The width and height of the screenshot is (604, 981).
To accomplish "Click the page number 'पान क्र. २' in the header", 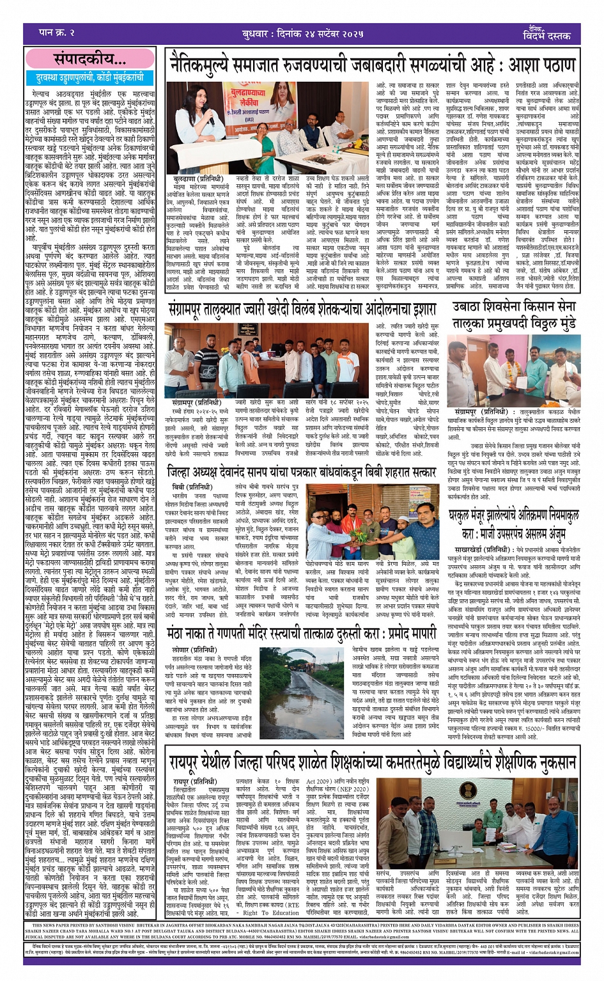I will (57, 32).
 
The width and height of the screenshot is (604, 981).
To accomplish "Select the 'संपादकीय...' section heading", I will (89, 60).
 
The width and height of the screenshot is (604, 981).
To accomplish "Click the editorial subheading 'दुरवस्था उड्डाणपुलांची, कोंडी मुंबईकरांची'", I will (90, 77).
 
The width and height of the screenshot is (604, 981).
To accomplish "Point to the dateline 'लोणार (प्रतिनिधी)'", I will (190, 650).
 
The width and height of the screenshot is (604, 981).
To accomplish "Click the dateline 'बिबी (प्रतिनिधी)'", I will (187, 487).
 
